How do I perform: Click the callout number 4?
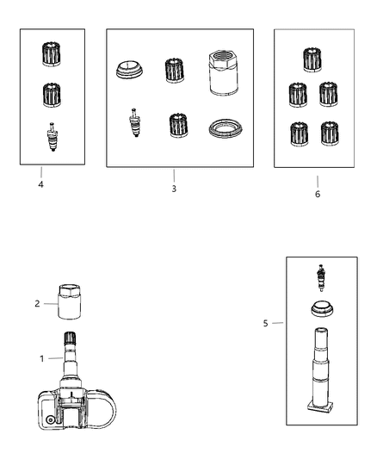click(x=40, y=184)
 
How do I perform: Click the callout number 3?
click(x=173, y=188)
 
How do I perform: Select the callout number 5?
click(x=265, y=324)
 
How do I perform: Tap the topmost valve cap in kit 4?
click(x=53, y=54)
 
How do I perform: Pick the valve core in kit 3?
click(x=133, y=122)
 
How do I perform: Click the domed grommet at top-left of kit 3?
click(x=127, y=70)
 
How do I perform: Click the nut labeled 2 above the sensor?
click(x=69, y=303)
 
